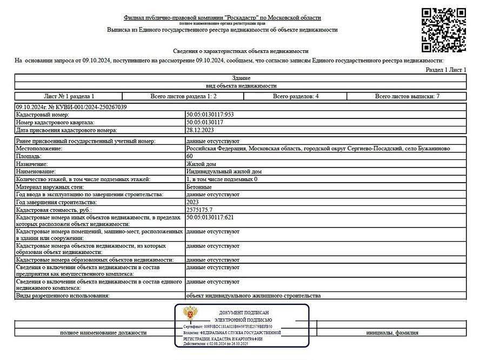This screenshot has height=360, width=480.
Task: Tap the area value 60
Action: [x=190, y=156]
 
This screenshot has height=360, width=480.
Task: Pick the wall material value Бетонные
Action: [x=199, y=186]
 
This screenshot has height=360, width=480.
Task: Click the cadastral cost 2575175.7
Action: [x=199, y=209]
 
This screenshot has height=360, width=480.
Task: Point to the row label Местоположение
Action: [x=39, y=148]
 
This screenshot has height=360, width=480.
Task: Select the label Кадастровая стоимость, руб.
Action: [x=54, y=209]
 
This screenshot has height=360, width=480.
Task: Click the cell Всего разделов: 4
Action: [x=296, y=96]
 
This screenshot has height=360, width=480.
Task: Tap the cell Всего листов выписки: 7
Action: [x=408, y=96]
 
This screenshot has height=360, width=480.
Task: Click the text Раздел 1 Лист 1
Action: [x=446, y=70]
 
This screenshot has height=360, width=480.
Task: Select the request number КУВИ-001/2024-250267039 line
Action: [x=71, y=107]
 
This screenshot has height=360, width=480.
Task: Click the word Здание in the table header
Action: [x=241, y=78]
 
